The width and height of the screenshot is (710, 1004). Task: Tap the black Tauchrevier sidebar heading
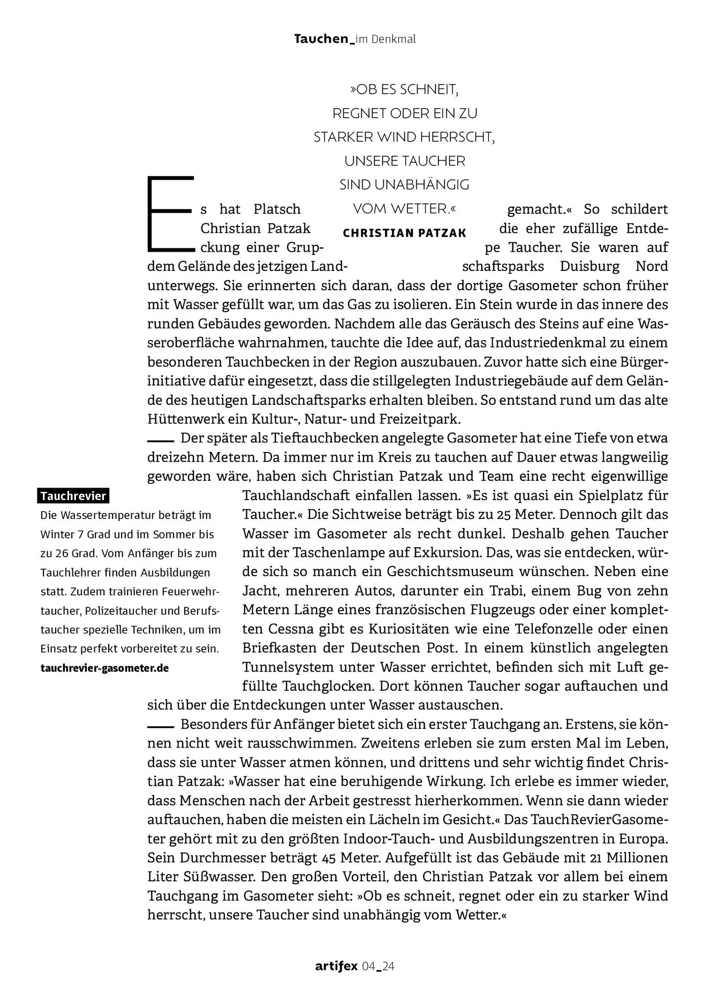(73, 496)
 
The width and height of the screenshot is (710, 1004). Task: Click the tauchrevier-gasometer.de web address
(104, 668)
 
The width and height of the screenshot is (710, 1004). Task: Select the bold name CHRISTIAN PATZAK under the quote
(404, 233)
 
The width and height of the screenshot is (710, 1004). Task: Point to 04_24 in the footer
(379, 967)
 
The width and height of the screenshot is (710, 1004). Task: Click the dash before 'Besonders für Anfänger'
(161, 727)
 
